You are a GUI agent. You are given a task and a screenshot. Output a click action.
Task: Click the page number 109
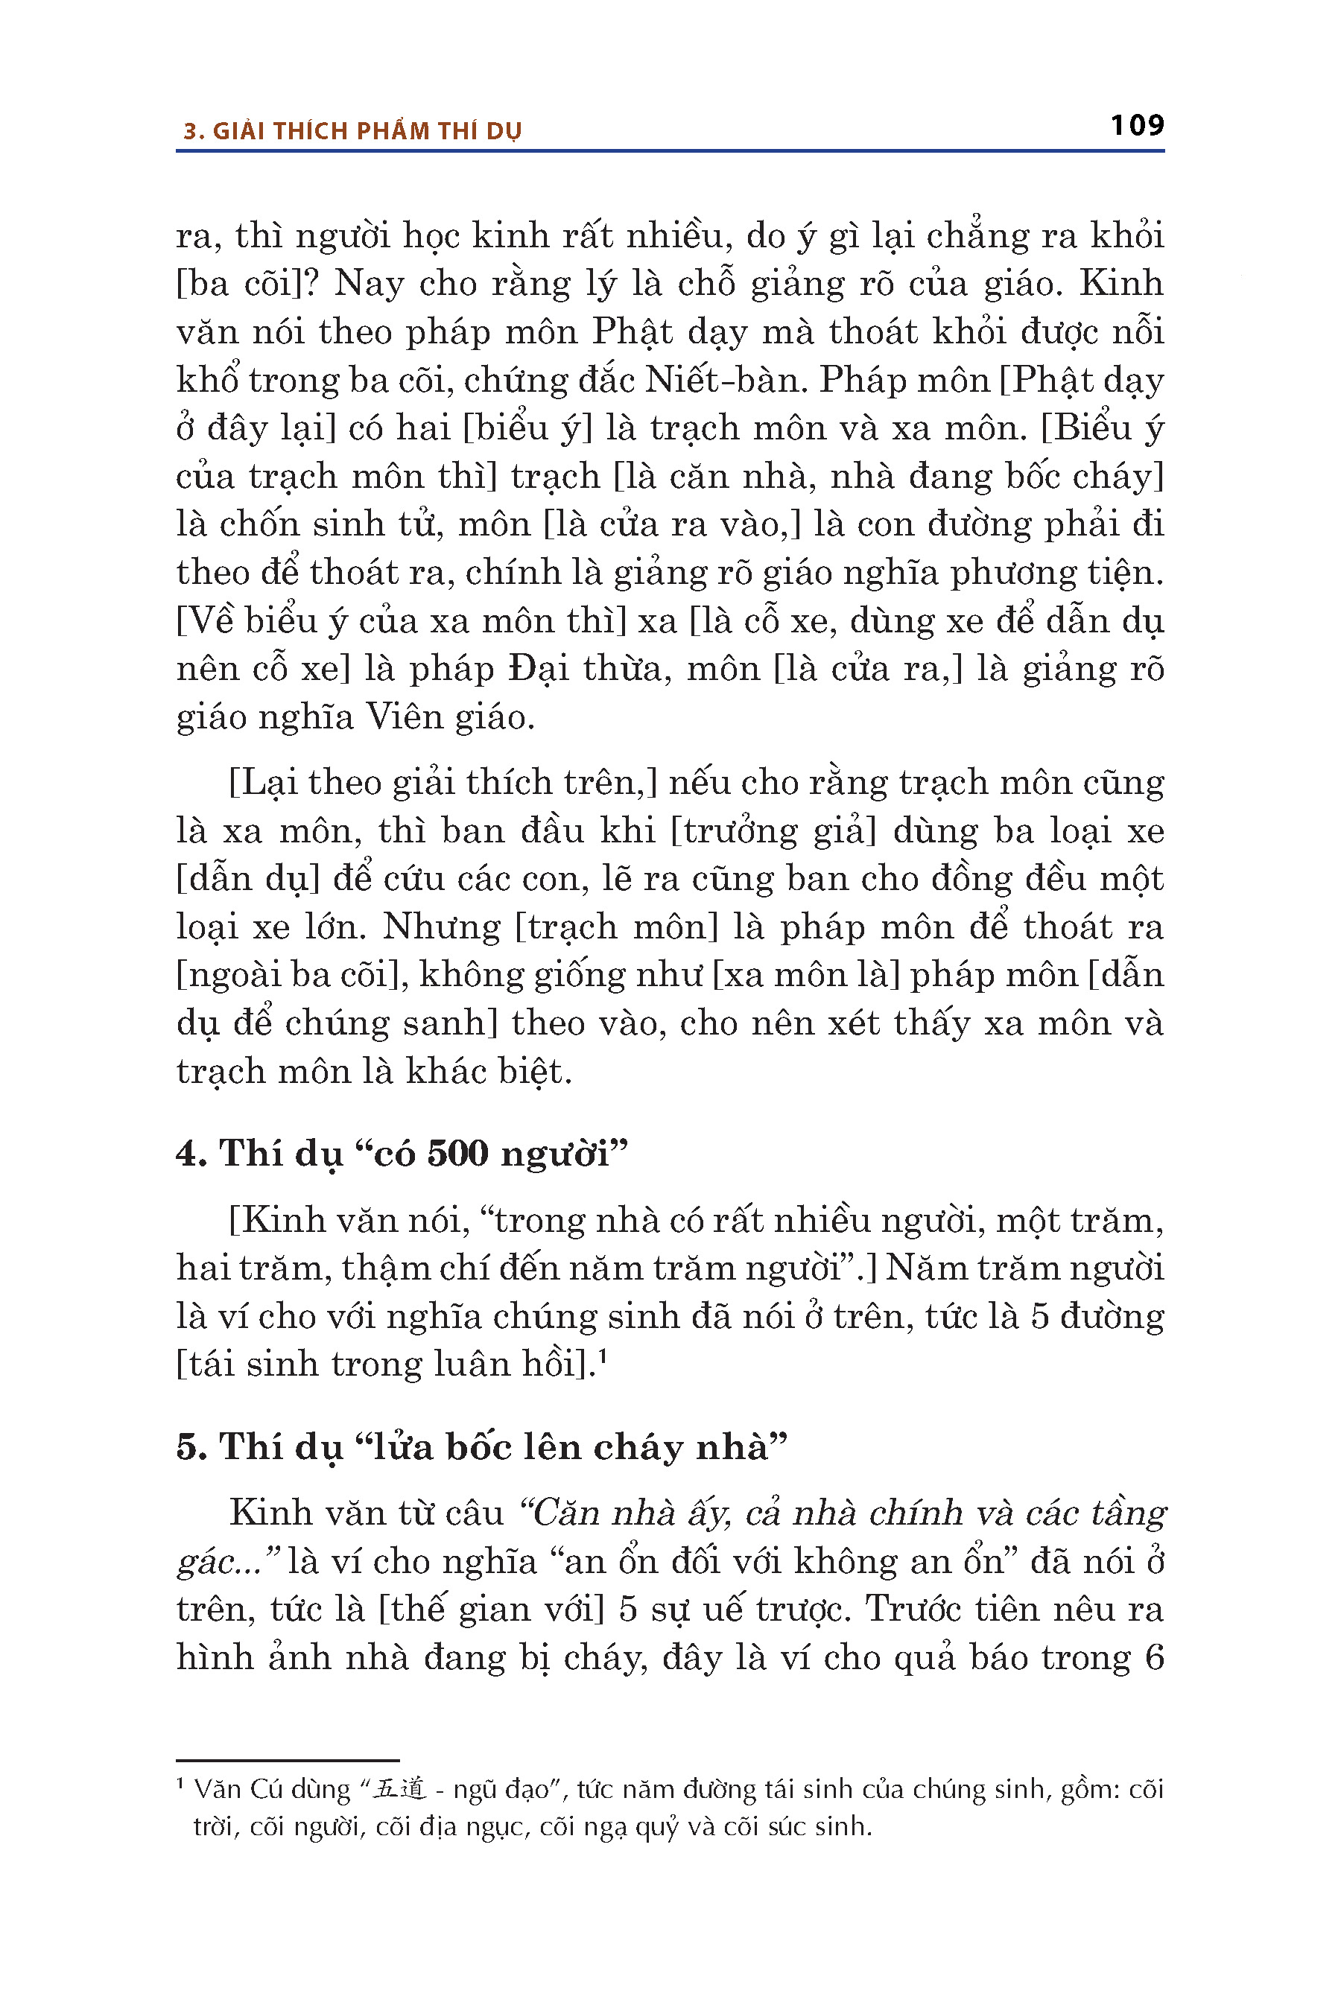click(1137, 126)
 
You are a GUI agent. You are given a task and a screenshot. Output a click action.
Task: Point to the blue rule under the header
click(670, 151)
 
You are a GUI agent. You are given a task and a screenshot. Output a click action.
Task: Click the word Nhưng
click(441, 926)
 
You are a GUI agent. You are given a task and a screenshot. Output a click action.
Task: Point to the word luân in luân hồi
click(469, 1364)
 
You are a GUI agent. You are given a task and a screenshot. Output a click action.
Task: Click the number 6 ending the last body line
click(1154, 1657)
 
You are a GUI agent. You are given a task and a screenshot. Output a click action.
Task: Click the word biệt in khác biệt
click(534, 1070)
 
